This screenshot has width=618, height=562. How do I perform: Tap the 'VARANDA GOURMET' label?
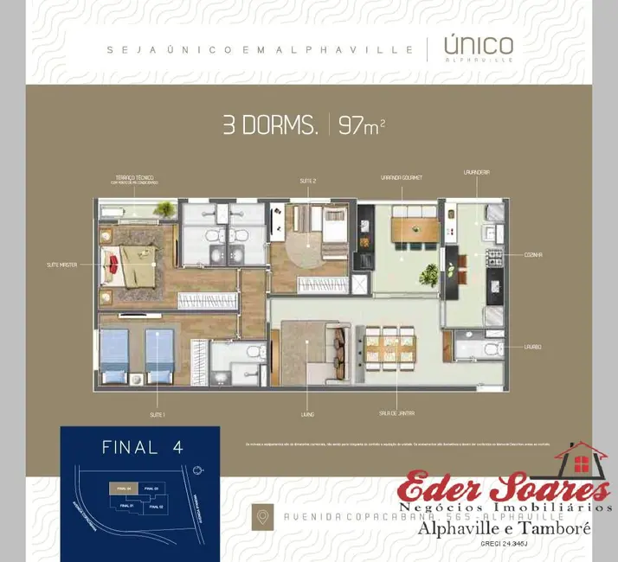tap(401, 178)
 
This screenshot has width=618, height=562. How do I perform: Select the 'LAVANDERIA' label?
tap(476, 172)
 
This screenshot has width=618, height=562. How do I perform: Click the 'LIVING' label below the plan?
tap(307, 414)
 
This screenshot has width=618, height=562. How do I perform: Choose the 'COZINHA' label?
tap(532, 254)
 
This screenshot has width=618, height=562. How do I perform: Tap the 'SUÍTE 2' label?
tap(306, 181)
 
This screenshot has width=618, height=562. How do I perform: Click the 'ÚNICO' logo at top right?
tap(478, 47)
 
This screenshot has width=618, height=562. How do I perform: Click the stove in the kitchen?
tap(495, 257)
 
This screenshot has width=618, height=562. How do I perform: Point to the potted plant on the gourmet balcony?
tap(428, 275)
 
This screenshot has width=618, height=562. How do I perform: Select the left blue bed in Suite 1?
tap(115, 354)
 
